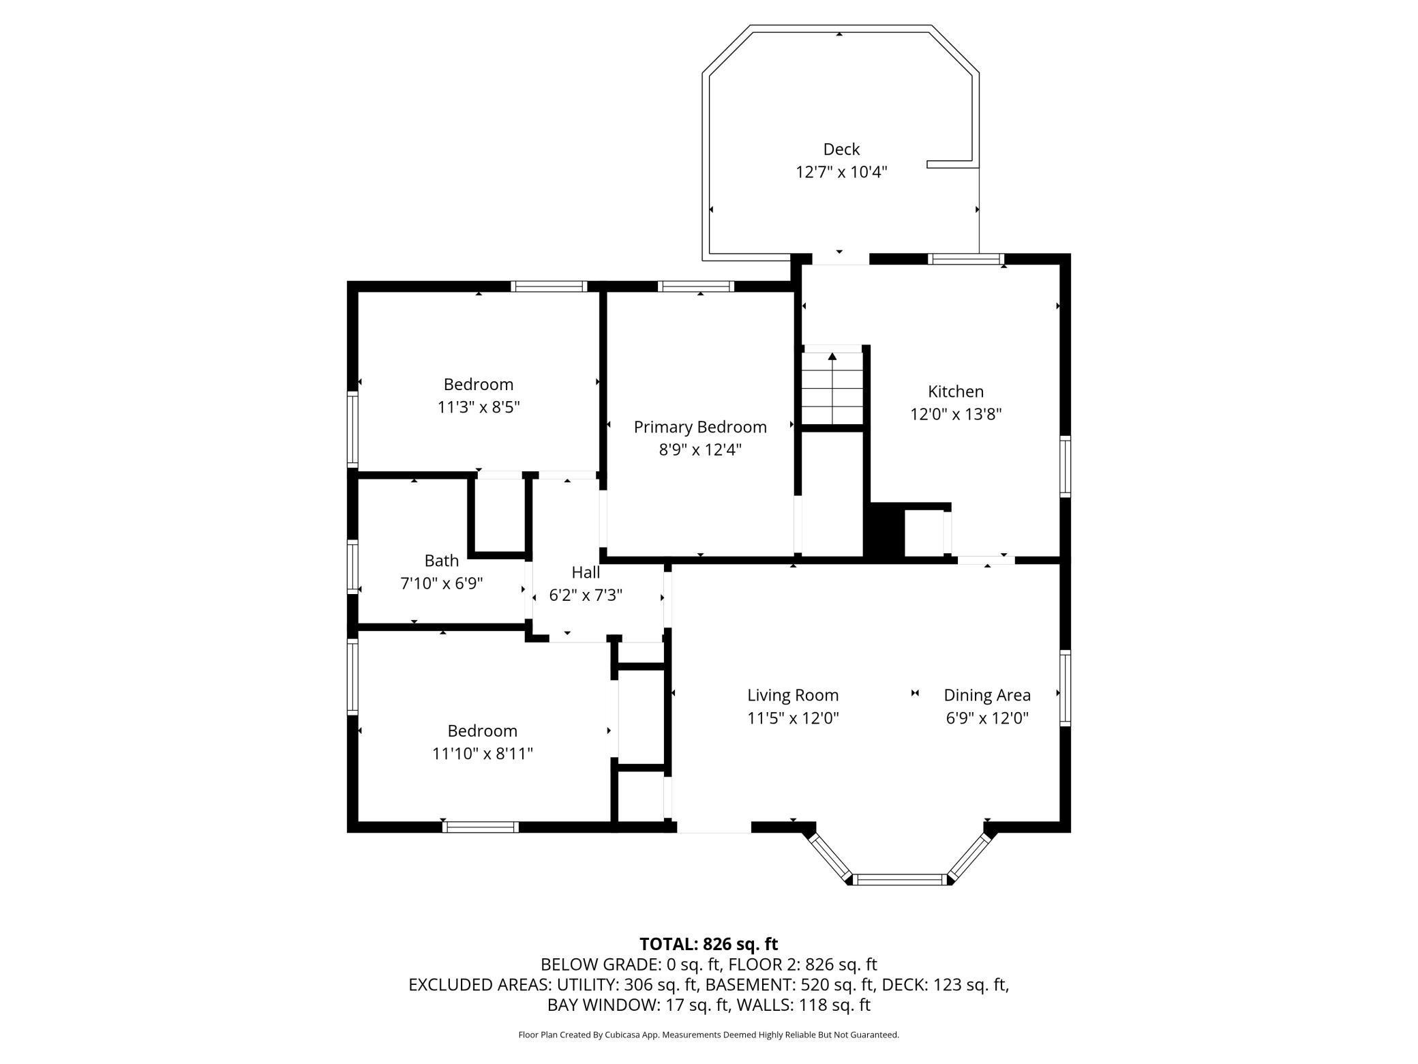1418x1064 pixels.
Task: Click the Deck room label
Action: pos(841,149)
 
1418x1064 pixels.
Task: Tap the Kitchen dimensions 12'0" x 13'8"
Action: pos(956,414)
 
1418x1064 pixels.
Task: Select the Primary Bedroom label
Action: pos(700,427)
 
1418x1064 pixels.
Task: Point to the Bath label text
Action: pos(442,561)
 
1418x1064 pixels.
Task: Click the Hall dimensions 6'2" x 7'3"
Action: pos(586,595)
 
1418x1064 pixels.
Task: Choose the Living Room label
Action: pos(793,695)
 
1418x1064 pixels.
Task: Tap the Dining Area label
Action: pos(987,695)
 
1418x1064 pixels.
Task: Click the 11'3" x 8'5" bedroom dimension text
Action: pos(479,407)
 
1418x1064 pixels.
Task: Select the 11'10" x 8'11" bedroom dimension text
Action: pos(483,754)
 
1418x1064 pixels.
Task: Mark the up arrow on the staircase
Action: pos(832,357)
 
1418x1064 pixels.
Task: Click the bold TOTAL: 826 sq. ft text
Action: pos(709,944)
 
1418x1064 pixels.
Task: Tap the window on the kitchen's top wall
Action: pos(967,259)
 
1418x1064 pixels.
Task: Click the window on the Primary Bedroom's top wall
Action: pos(696,286)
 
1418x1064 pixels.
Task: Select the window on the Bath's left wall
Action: pos(352,566)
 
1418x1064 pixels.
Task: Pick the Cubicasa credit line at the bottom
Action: pos(709,1035)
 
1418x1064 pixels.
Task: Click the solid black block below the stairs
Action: pos(884,533)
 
